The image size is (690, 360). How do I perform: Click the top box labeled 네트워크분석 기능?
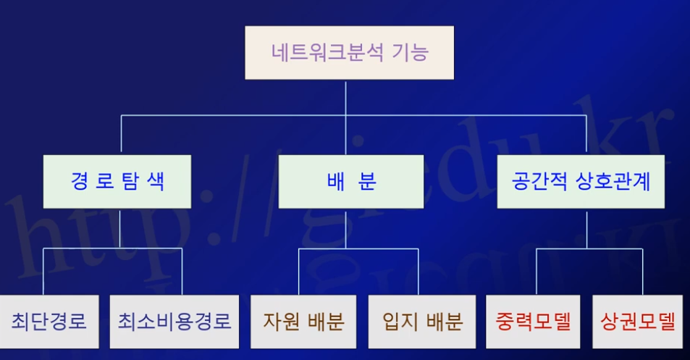coord(349,53)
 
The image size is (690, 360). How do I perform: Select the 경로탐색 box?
coord(117,181)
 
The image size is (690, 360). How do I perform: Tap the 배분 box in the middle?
coord(351,181)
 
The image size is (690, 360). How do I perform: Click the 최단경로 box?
coord(49,321)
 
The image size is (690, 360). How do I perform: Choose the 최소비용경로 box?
coord(174,321)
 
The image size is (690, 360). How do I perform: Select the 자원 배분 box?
coord(303,321)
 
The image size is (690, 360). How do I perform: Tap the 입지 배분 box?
coord(422,321)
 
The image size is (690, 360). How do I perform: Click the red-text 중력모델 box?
coord(534,321)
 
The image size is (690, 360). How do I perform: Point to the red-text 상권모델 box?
coord(638,321)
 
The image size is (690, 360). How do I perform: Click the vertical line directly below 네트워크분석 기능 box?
coord(346,97)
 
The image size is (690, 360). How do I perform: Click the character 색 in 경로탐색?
coord(155,181)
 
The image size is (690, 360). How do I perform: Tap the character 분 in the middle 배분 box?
coord(368,181)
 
